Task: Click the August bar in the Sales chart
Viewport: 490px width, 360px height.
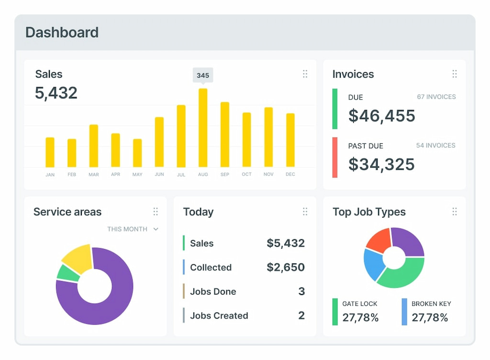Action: tap(203, 128)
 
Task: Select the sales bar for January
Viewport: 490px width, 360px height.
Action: tap(50, 153)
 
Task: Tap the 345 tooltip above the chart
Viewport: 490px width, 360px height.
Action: tap(203, 75)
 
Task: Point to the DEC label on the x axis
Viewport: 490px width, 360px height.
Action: tap(290, 175)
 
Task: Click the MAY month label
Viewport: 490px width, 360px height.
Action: tap(137, 175)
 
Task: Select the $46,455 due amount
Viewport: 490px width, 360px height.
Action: tap(381, 116)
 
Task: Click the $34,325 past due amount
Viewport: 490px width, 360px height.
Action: tap(381, 164)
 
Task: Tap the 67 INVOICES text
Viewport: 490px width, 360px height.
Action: tap(436, 97)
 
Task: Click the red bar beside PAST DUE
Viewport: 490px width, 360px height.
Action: tap(335, 157)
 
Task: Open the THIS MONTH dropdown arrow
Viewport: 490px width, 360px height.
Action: tap(156, 229)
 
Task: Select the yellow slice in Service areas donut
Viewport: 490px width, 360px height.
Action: tap(78, 258)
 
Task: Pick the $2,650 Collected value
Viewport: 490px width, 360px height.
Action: tap(285, 267)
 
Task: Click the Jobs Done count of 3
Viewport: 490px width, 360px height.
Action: tap(301, 292)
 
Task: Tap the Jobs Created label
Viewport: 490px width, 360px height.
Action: tap(219, 316)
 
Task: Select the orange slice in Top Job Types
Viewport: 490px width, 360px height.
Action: tap(379, 240)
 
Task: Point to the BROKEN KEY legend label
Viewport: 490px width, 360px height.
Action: tap(431, 304)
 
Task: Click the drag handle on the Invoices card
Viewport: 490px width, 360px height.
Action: tap(455, 74)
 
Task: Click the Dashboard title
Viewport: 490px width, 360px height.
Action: tap(62, 33)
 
